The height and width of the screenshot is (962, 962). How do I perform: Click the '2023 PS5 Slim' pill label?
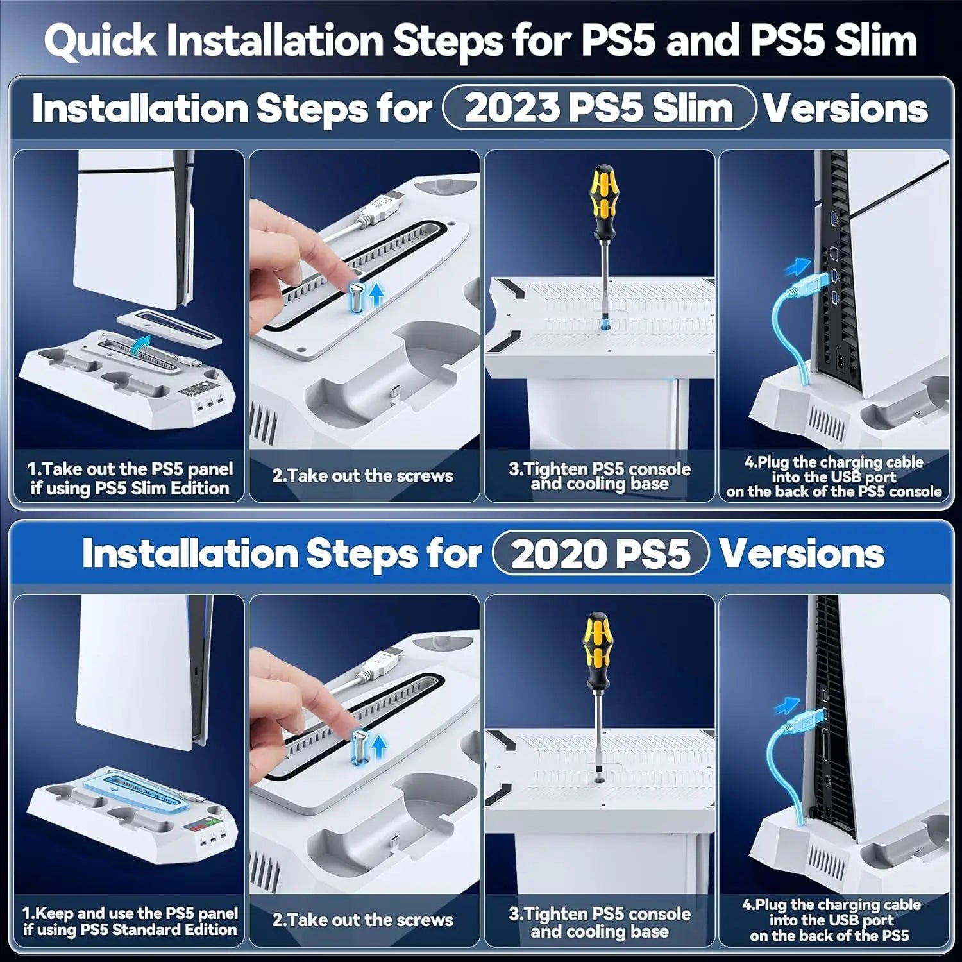tap(599, 108)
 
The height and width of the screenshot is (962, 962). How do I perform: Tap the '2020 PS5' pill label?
tap(600, 553)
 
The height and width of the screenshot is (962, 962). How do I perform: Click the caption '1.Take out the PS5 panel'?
tap(130, 469)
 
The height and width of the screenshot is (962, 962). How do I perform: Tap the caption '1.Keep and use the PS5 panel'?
tap(130, 913)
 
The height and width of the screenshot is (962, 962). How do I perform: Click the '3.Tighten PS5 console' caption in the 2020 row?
tap(600, 914)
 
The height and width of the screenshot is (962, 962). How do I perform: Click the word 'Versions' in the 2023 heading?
tap(846, 108)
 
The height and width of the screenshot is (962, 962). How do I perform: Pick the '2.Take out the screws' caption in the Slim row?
tap(362, 475)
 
